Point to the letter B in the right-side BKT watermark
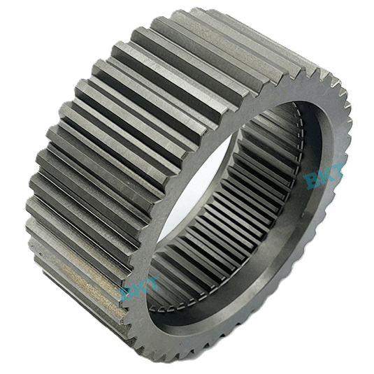click(x=312, y=181)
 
